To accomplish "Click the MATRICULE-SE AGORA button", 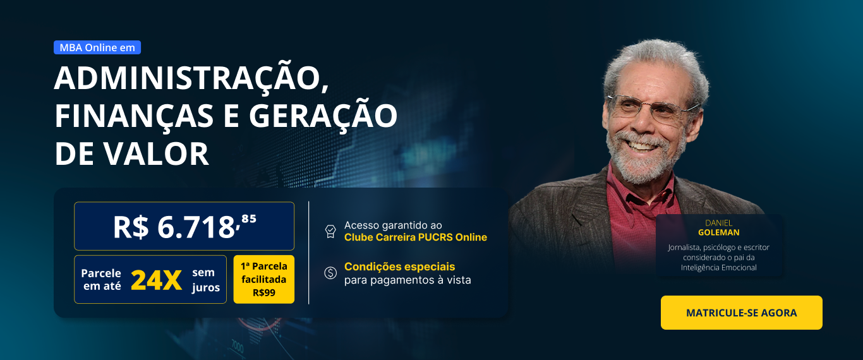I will [741, 313].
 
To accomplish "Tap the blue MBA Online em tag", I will [97, 47].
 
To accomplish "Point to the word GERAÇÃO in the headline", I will [323, 116].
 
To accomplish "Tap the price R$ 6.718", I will [174, 227].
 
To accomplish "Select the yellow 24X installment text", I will [156, 280].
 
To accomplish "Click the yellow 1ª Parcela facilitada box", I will [263, 279].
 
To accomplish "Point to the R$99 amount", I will [264, 293].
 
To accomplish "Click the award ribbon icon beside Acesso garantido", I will [330, 231].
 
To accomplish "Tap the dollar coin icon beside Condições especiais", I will [330, 273].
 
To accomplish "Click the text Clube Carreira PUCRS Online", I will [416, 237].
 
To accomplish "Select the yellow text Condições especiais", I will [399, 267].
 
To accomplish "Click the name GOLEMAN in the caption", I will [719, 232].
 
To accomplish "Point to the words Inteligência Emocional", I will [719, 267].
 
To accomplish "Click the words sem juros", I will [205, 280].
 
